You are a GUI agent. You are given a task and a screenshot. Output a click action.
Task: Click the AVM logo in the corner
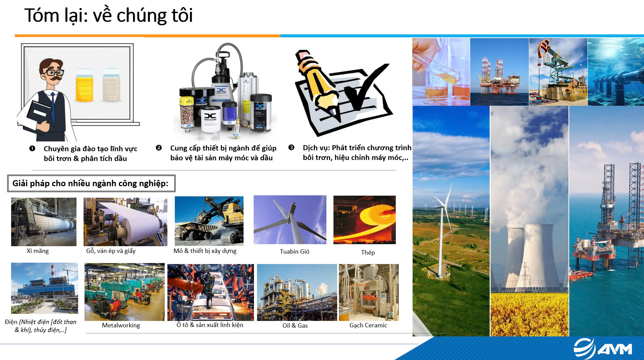(x=603, y=349)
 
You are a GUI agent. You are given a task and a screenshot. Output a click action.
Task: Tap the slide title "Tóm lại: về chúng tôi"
(x=108, y=16)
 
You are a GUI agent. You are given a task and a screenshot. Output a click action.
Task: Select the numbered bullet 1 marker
(x=32, y=149)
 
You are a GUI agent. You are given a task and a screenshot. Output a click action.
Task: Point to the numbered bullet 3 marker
(x=291, y=148)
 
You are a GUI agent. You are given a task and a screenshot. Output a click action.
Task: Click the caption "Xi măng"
(x=38, y=251)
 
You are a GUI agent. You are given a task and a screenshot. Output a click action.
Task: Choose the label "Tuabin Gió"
(x=294, y=252)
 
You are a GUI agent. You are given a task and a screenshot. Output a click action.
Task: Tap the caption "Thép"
(x=368, y=253)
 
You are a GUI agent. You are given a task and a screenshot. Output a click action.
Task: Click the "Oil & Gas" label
(x=295, y=326)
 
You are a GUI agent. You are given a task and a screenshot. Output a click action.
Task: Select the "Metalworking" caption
(x=121, y=325)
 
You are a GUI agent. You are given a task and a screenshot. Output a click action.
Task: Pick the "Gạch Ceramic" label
(x=368, y=325)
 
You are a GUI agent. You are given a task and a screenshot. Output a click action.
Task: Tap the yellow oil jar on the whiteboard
(x=84, y=85)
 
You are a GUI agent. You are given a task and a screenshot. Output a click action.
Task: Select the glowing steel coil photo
(x=364, y=220)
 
